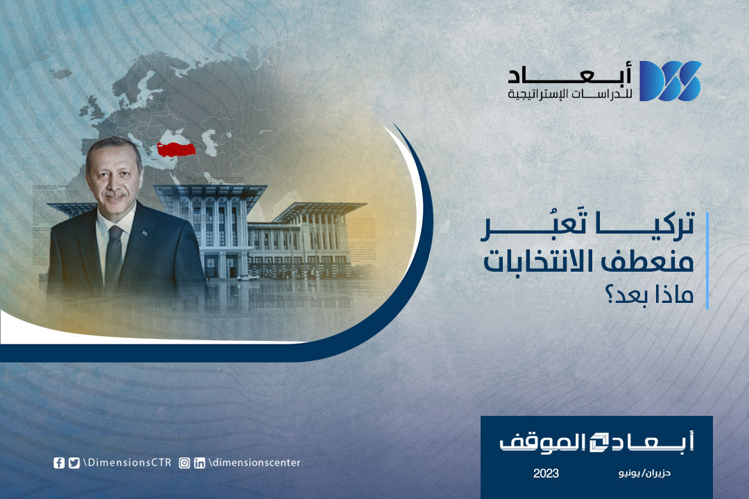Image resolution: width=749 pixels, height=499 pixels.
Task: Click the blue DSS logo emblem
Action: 670,80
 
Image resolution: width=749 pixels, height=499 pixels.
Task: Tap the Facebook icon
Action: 59,463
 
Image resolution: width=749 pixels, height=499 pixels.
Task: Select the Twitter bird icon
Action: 74,463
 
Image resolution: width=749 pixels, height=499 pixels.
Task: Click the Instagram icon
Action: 184,463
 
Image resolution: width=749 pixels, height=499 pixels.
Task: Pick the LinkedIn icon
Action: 200,463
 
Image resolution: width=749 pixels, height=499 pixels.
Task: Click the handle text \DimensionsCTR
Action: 127,462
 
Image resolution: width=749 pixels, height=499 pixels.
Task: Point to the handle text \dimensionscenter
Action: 255,462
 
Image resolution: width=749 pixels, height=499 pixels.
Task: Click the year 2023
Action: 546,473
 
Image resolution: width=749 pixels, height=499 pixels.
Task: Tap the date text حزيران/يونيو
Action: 644,473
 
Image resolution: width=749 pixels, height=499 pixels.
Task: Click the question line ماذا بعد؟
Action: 649,294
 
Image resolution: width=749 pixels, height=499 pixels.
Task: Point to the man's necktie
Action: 114,252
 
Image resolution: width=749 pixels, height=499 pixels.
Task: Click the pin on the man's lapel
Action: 145,233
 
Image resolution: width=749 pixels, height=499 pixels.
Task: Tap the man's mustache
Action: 114,195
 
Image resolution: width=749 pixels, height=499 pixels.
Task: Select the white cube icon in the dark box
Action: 599,442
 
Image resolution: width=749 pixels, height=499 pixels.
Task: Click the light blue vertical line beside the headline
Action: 707,261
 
